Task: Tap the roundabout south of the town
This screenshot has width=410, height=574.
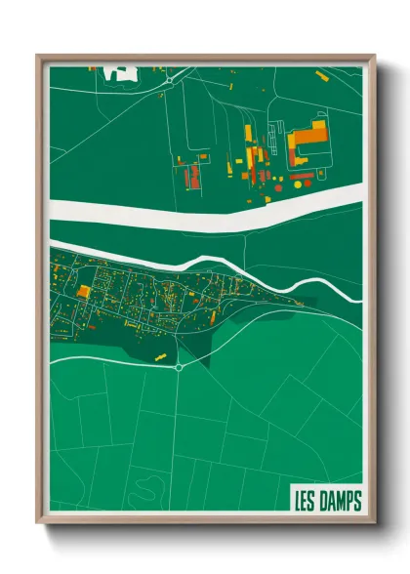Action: point(179,368)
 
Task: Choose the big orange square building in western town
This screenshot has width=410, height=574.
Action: point(84,292)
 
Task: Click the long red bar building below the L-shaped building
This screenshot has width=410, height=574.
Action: point(303,175)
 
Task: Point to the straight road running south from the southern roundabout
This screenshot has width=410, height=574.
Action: point(179,439)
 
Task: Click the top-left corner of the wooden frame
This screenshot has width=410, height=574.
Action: point(37,56)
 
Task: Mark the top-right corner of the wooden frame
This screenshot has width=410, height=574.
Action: point(374,56)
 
